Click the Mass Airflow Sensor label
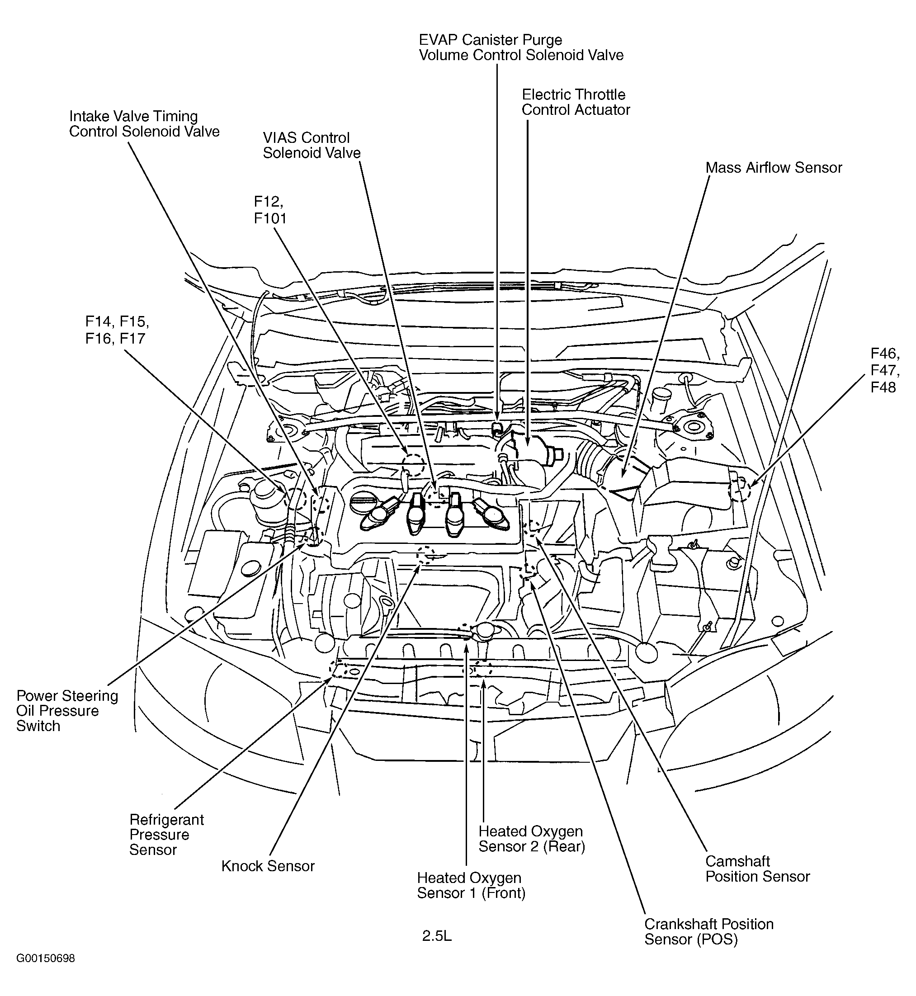(x=773, y=168)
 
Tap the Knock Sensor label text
(x=268, y=866)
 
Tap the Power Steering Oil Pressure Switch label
(x=67, y=710)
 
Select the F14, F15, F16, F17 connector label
(x=117, y=330)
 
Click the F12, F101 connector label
(x=270, y=210)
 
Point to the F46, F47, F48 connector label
(x=885, y=370)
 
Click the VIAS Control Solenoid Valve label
(x=311, y=145)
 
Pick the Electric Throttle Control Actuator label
(x=576, y=102)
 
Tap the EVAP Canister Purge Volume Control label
(x=520, y=47)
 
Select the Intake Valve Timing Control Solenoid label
(x=144, y=124)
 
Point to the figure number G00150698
(x=46, y=972)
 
